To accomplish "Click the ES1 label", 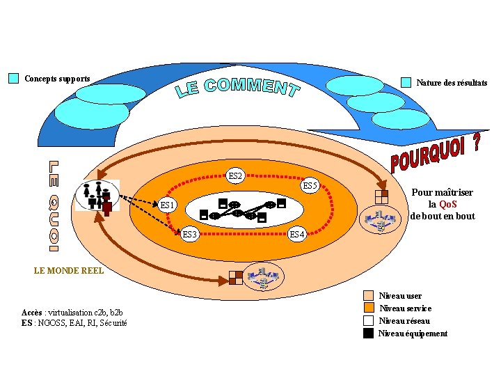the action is click(168, 205).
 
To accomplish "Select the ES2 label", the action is click(235, 176).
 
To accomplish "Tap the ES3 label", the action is click(190, 234).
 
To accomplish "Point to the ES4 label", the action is click(296, 234).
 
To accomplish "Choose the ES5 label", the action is click(310, 186).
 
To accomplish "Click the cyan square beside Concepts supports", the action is click(13, 78).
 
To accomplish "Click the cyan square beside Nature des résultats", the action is click(406, 82).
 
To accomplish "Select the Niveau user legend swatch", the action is click(369, 296).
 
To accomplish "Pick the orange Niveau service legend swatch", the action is click(369, 308).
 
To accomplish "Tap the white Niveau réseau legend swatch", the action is click(369, 321).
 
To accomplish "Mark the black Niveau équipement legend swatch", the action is click(369, 334).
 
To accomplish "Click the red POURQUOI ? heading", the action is click(435, 154).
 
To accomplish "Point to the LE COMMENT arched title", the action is click(237, 88).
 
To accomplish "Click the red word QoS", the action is click(447, 204).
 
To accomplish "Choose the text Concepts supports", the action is click(57, 78).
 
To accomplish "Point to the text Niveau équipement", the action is click(413, 334).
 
